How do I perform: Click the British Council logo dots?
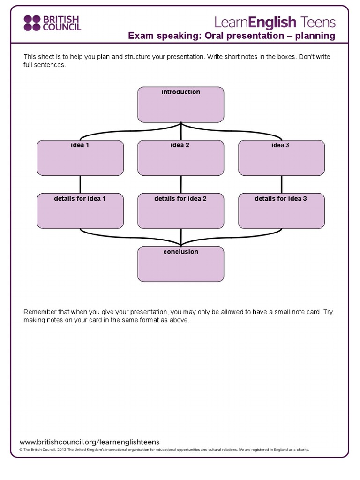[x=32, y=22]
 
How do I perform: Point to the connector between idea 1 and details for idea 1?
[x=80, y=184]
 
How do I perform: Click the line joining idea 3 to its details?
[x=281, y=184]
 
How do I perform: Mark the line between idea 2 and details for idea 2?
[x=180, y=184]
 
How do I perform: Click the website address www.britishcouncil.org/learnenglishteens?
[x=89, y=442]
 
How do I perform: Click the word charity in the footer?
[x=301, y=450]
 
